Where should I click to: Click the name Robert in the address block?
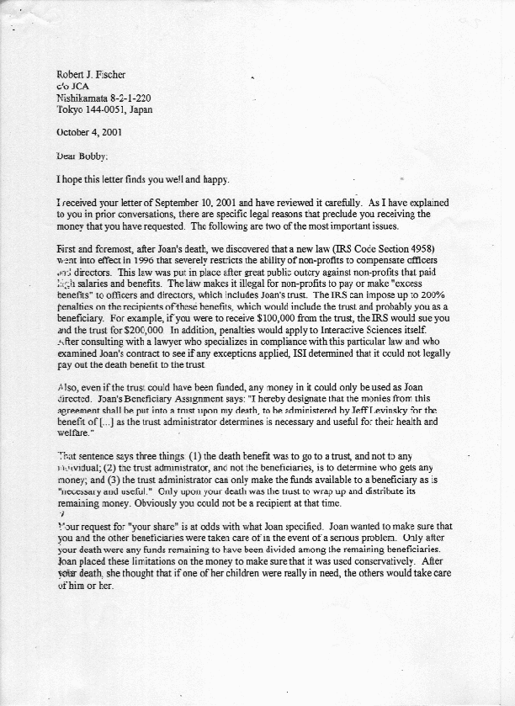[71, 75]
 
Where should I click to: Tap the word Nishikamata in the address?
[81, 98]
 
